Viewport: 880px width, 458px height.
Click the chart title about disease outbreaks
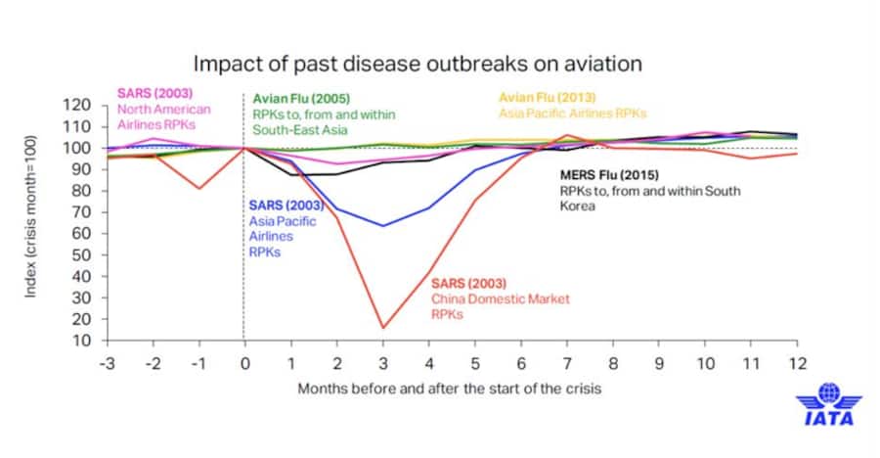pyautogui.click(x=418, y=65)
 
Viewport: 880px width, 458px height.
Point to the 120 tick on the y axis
pyautogui.click(x=77, y=106)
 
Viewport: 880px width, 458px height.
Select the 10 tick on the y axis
pyautogui.click(x=81, y=341)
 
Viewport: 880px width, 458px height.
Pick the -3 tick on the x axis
pyautogui.click(x=106, y=360)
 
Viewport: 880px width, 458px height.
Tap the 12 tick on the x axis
pyautogui.click(x=797, y=360)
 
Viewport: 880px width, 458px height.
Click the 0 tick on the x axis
pyautogui.click(x=243, y=360)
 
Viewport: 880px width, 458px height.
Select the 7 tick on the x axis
pyautogui.click(x=566, y=360)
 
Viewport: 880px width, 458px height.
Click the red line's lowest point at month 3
pyautogui.click(x=382, y=328)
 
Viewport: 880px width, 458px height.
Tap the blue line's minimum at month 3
pyautogui.click(x=382, y=225)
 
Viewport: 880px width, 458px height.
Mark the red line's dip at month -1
pyautogui.click(x=198, y=188)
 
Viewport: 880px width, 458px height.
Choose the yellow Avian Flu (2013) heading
pyautogui.click(x=547, y=98)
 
